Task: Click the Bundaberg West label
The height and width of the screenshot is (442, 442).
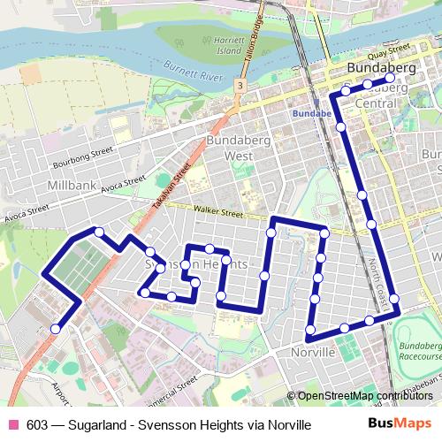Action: (229, 148)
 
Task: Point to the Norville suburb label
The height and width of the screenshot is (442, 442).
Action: (313, 352)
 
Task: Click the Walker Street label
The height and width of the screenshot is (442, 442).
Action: (218, 213)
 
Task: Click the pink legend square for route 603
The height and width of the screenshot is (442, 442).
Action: (12, 424)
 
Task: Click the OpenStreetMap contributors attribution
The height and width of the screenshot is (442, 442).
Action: (366, 397)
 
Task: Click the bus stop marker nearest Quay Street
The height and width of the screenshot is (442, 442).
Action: (390, 78)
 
